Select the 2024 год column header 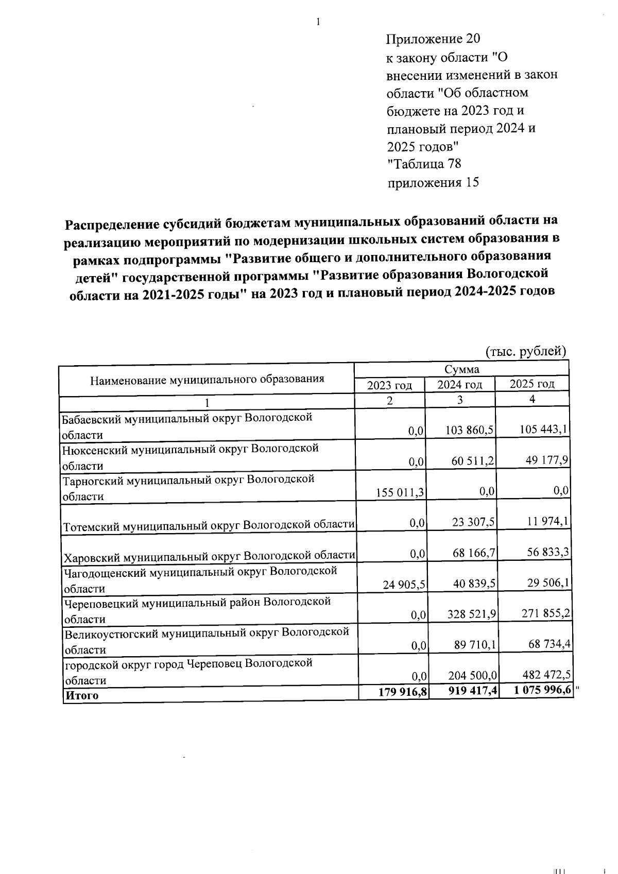pyautogui.click(x=459, y=385)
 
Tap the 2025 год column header pyautogui.click(x=531, y=384)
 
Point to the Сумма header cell pyautogui.click(x=461, y=369)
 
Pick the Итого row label pyautogui.click(x=81, y=695)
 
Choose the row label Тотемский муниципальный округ pyautogui.click(x=208, y=525)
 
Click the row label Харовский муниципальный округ pyautogui.click(x=208, y=556)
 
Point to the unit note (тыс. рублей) pyautogui.click(x=526, y=351)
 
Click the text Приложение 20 pyautogui.click(x=433, y=39)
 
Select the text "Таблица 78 pyautogui.click(x=424, y=164)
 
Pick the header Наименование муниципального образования pyautogui.click(x=207, y=380)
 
